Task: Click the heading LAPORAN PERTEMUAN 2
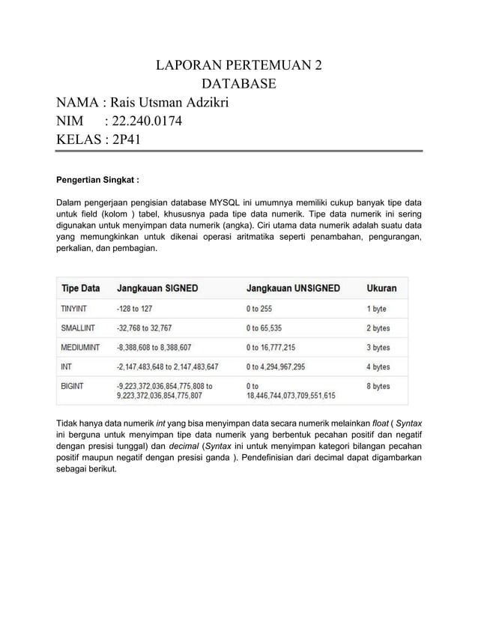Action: coord(239,64)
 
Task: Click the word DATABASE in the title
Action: coord(239,83)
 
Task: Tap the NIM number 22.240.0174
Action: coord(145,121)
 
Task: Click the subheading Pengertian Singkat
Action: coord(98,180)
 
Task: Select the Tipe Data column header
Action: coord(80,288)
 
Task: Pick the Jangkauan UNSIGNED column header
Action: coord(293,288)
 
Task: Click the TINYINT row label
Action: coord(74,308)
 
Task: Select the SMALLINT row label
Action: coord(78,327)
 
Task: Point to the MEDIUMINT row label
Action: coord(80,347)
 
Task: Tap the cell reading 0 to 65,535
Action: coord(273,327)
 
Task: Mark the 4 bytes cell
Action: coord(378,366)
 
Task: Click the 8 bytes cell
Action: coord(378,386)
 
